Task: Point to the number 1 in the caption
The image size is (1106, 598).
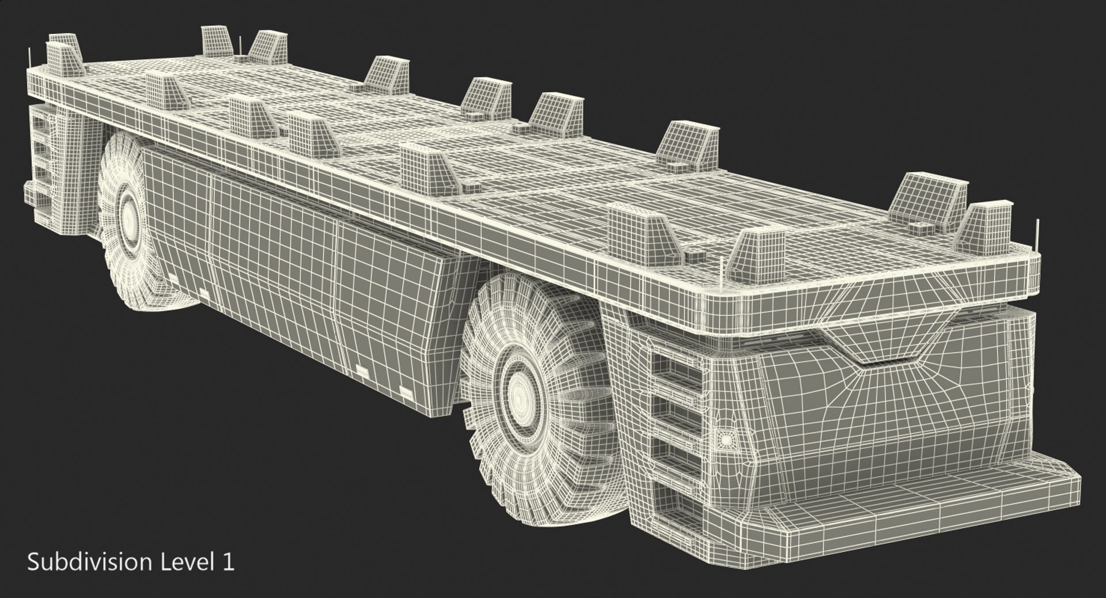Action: tap(229, 562)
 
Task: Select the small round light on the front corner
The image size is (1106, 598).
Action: tap(725, 440)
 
